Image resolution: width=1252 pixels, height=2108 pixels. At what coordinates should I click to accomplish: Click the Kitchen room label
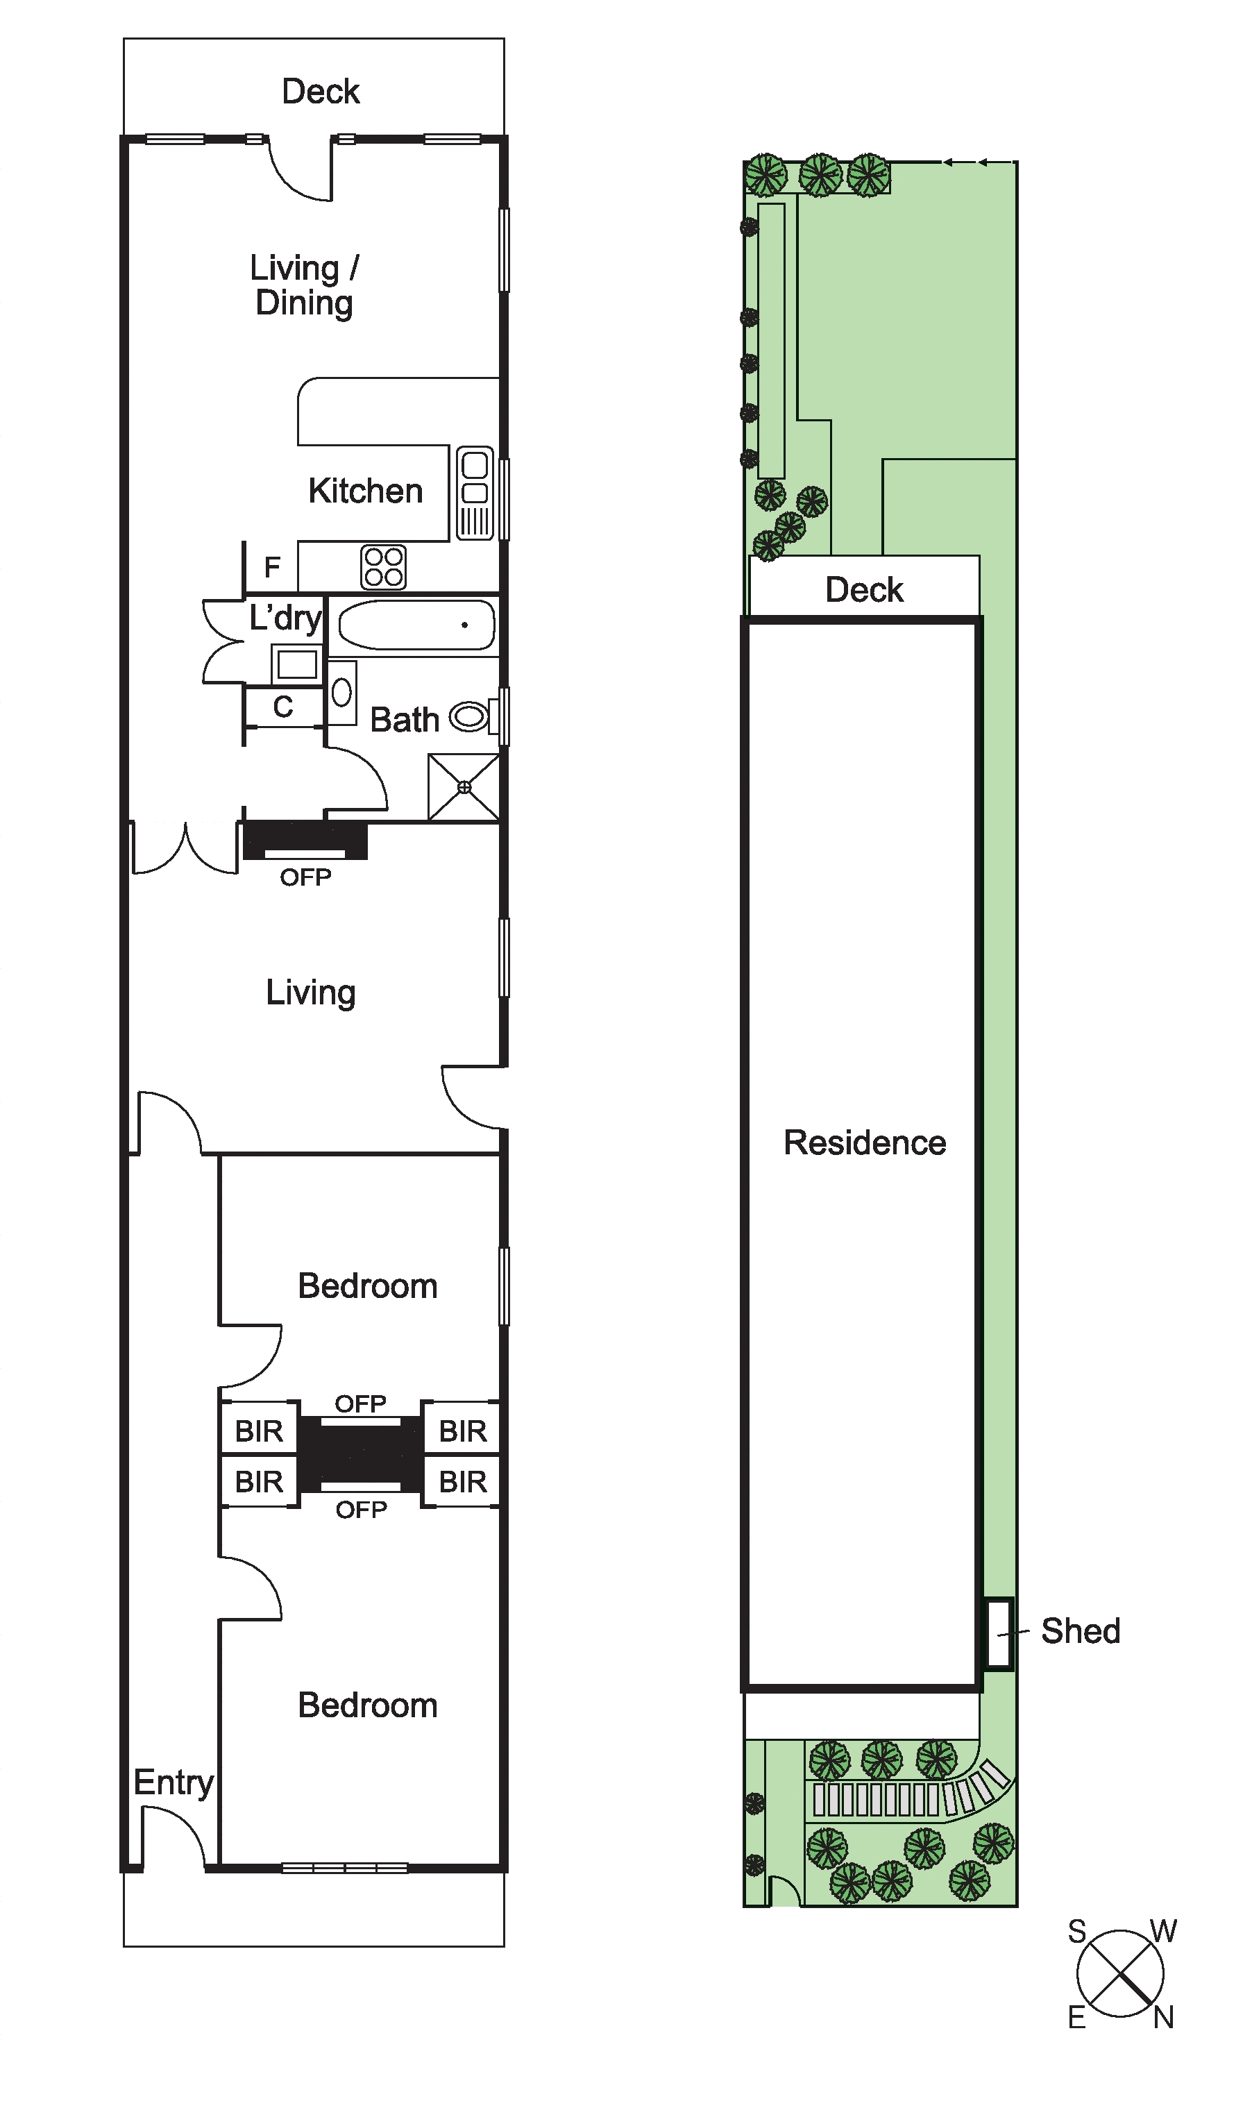click(x=365, y=491)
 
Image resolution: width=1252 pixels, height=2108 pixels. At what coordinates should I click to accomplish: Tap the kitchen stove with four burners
click(x=383, y=567)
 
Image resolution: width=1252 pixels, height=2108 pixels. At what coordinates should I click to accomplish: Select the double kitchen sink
click(x=475, y=493)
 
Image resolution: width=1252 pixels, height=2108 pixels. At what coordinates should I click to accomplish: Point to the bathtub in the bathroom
click(x=416, y=625)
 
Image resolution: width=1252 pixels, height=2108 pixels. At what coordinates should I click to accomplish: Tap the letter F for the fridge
click(x=271, y=568)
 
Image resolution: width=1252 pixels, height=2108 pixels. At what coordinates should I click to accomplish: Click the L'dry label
click(x=286, y=618)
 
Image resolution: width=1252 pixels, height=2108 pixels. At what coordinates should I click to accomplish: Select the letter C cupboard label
click(x=282, y=707)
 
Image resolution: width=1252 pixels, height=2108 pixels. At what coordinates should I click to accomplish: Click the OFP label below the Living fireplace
click(x=305, y=878)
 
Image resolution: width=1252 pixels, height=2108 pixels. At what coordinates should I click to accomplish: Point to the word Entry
click(x=174, y=1783)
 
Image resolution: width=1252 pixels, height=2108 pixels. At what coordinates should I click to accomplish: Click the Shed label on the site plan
click(x=1080, y=1630)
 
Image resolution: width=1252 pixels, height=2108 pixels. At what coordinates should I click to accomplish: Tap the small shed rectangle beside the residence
click(x=999, y=1633)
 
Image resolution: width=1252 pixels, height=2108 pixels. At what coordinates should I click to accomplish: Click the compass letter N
click(x=1165, y=2018)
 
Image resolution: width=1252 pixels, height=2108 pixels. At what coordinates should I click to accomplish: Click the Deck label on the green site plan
click(x=864, y=589)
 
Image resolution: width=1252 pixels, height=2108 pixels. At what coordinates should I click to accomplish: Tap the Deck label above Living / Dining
click(x=321, y=91)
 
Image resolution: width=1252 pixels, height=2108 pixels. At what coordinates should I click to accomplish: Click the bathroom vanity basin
click(x=341, y=693)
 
